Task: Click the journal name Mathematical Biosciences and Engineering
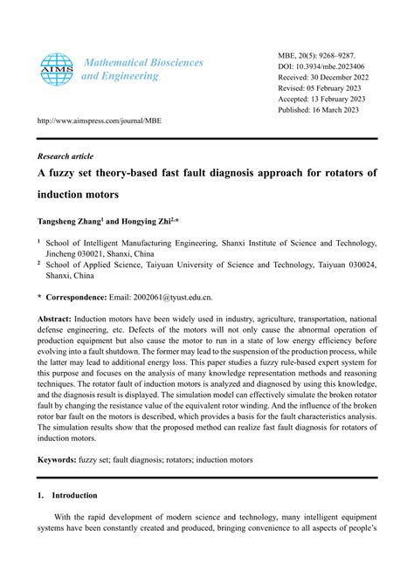(141, 69)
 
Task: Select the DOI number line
(322, 66)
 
